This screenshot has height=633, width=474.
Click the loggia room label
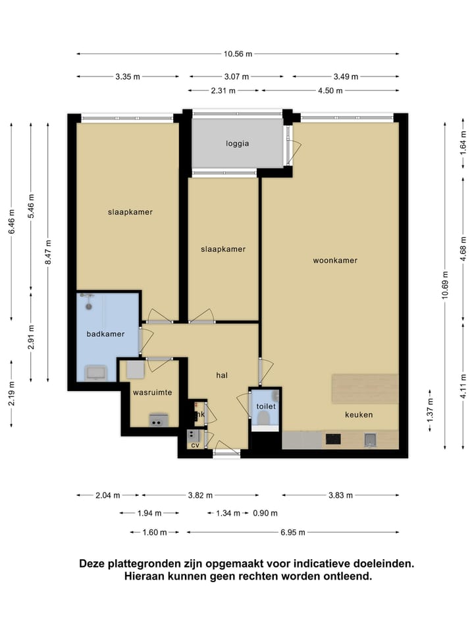[x=238, y=144]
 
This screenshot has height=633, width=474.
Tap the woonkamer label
[x=335, y=260]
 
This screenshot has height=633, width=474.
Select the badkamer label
[x=105, y=334]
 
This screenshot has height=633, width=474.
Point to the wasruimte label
[x=152, y=392]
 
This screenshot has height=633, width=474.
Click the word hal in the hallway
[x=222, y=375]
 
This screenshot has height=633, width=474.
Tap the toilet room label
[x=266, y=406]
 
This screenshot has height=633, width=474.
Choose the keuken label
[x=359, y=415]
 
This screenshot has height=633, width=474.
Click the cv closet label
[x=195, y=445]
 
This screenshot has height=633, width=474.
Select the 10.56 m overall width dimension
[x=238, y=53]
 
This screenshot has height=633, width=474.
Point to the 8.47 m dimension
[x=48, y=253]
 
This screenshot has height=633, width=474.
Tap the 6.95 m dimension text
[x=293, y=533]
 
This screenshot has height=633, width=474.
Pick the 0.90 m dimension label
[x=265, y=514]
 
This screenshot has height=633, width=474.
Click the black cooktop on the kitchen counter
[x=333, y=439]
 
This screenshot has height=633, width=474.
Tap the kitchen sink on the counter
[x=370, y=440]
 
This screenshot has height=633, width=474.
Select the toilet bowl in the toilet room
[x=263, y=418]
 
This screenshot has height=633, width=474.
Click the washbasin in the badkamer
[x=96, y=373]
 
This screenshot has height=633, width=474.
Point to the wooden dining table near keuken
[x=365, y=388]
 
